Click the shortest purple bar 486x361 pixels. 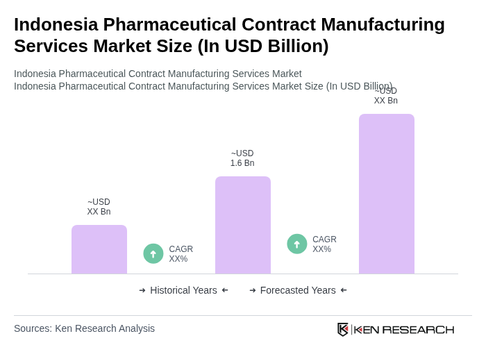[x=99, y=249]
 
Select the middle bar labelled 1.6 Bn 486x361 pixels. [x=242, y=225]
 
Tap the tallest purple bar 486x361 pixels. [x=386, y=194]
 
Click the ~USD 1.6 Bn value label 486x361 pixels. [x=242, y=158]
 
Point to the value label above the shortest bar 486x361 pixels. [x=99, y=207]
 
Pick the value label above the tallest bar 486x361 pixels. [x=386, y=96]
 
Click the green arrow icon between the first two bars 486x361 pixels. [x=153, y=254]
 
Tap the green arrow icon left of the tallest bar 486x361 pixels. [x=297, y=244]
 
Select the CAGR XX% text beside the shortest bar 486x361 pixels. [x=181, y=254]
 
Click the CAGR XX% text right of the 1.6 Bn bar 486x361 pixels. [x=324, y=244]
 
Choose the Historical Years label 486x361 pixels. [x=183, y=290]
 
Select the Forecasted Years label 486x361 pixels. [x=298, y=290]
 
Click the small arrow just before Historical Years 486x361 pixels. [x=142, y=290]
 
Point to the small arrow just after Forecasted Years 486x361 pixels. [x=344, y=290]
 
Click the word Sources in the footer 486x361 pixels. [x=33, y=328]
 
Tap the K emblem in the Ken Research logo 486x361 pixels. [x=343, y=329]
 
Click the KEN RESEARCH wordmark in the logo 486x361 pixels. [x=404, y=329]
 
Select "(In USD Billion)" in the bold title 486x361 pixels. [x=263, y=46]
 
